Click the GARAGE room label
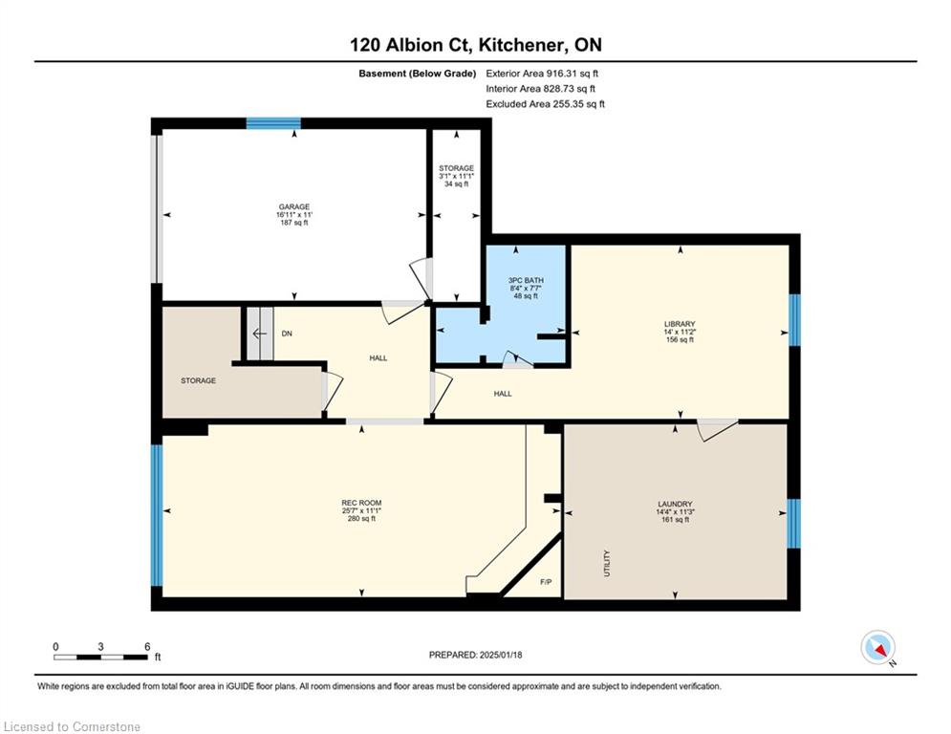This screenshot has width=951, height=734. coord(294,206)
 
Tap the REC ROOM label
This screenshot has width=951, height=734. coord(361,503)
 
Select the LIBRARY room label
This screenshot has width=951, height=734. coord(680,324)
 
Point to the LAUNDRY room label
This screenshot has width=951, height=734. coord(675,504)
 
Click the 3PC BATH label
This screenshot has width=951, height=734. coord(526,280)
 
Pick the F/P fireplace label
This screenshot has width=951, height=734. coord(546,582)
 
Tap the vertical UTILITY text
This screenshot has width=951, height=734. coord(607,563)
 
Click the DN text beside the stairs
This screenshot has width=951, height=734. coord(287,334)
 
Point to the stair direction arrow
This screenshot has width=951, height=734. coord(260,334)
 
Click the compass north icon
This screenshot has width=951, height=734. coord(877,647)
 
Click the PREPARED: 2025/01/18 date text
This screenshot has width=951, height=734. coord(476,655)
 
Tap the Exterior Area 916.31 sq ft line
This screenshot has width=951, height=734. coord(542,74)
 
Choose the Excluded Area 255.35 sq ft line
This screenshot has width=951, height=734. coord(545,104)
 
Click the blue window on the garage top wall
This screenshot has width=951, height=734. coord(273,123)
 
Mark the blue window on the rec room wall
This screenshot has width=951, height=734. coord(157,516)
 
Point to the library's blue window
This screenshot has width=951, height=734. coord(794,320)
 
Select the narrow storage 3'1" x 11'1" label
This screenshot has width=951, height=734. coord(457,176)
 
